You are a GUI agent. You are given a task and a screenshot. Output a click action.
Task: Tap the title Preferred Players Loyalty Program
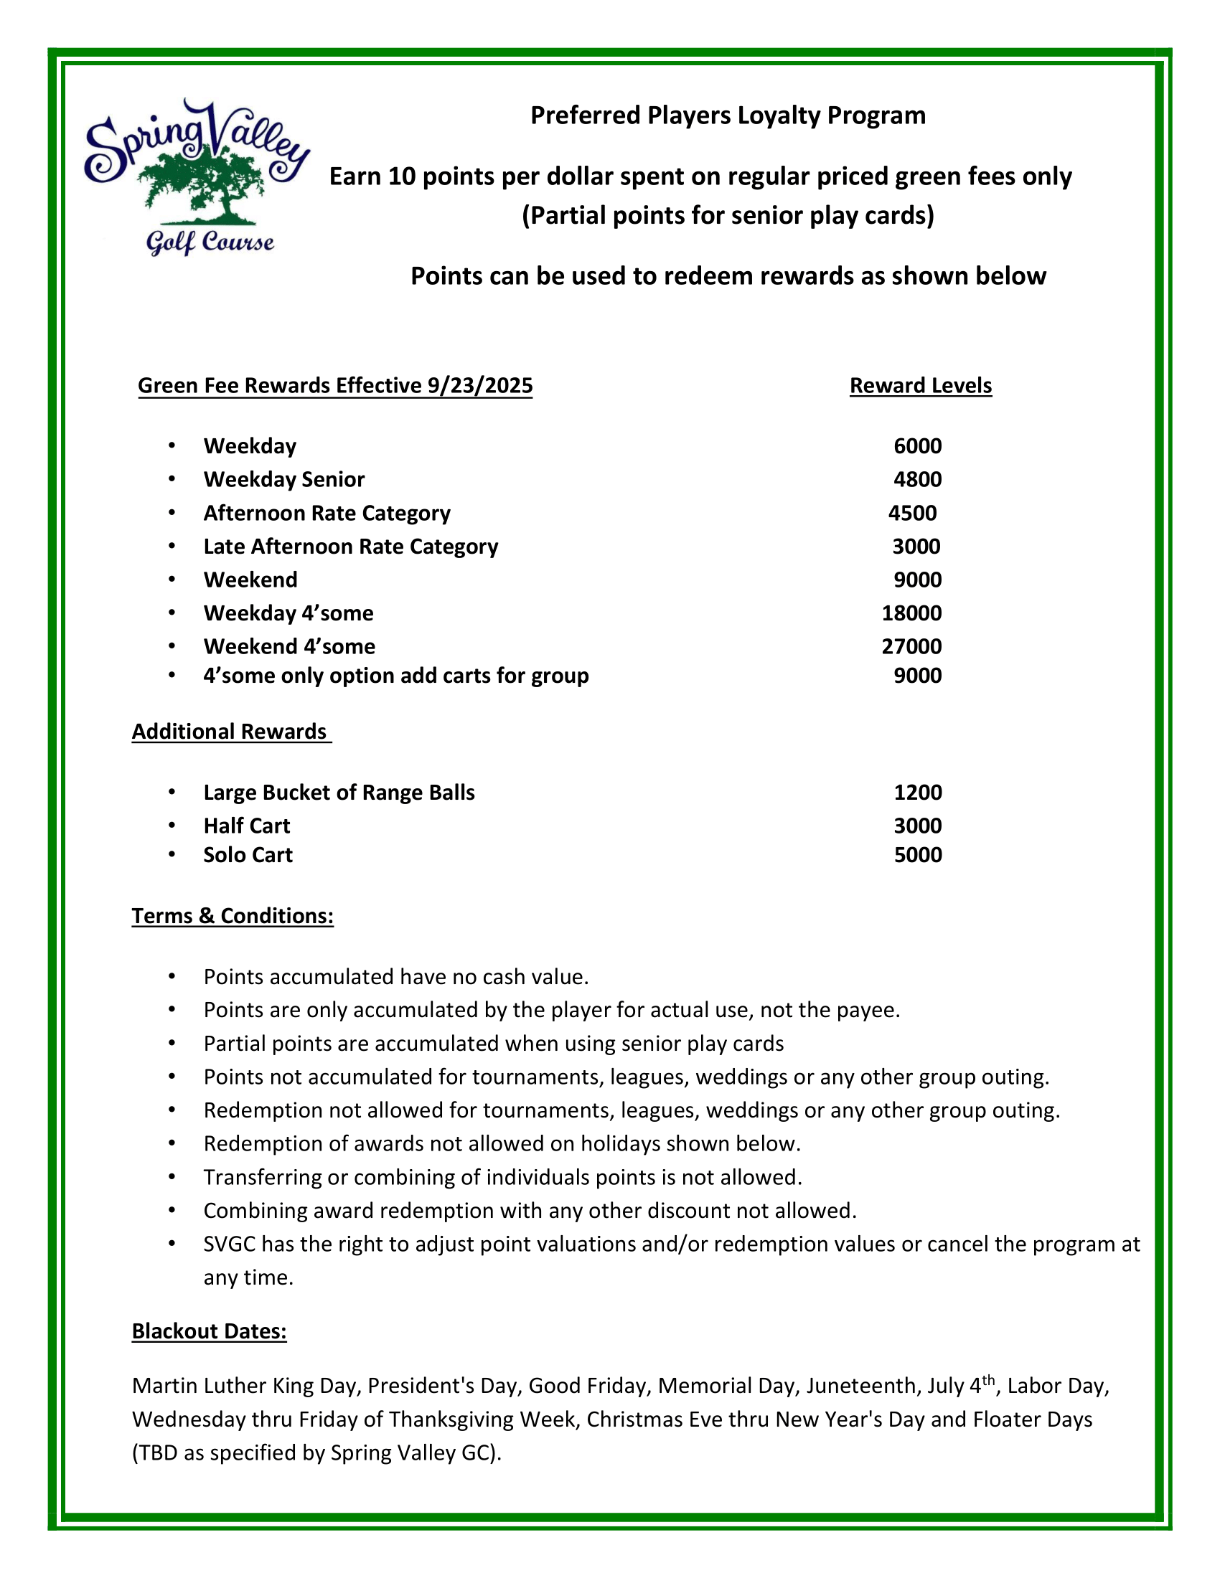[x=728, y=115]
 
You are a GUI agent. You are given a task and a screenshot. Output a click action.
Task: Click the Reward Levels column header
[x=920, y=386]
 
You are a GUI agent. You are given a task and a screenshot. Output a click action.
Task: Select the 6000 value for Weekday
[x=917, y=446]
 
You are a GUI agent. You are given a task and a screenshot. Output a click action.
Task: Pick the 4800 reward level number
[x=917, y=479]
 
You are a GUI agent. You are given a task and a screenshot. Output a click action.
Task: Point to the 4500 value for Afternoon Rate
[x=912, y=513]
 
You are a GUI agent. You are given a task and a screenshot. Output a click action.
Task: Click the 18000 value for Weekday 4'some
[x=911, y=613]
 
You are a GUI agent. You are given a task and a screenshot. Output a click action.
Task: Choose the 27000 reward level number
[x=911, y=646]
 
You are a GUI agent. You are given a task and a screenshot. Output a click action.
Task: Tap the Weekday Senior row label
[x=284, y=479]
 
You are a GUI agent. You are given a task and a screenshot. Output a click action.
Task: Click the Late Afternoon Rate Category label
[x=350, y=547]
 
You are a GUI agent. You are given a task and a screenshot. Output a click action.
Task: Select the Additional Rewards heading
[x=230, y=731]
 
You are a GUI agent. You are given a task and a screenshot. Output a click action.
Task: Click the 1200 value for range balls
[x=917, y=792]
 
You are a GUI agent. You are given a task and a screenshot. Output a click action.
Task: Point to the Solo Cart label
[x=248, y=855]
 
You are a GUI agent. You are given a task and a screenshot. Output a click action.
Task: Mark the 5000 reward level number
[x=917, y=855]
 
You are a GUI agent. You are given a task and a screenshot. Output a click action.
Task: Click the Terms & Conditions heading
[x=233, y=915]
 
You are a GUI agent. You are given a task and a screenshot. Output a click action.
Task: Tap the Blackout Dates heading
[x=209, y=1331]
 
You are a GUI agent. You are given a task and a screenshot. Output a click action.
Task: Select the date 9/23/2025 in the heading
[x=480, y=386]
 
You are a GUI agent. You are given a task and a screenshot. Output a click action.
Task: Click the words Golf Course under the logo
[x=210, y=242]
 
